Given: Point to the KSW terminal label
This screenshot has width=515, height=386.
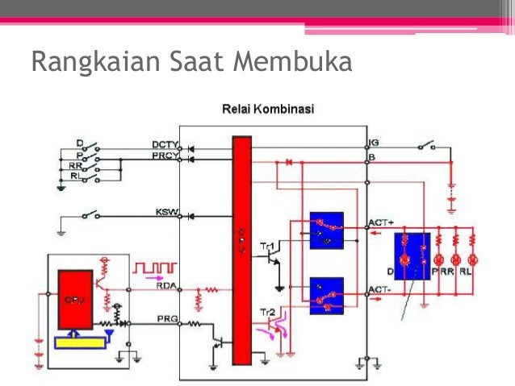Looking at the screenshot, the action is pyautogui.click(x=166, y=212).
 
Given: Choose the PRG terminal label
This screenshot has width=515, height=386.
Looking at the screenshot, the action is pyautogui.click(x=166, y=321).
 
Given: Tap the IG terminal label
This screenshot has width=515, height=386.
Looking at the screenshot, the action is pyautogui.click(x=374, y=143).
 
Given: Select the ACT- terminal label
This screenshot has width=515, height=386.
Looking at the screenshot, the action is pyautogui.click(x=379, y=288).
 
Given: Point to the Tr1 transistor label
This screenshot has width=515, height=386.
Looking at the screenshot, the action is pyautogui.click(x=266, y=243).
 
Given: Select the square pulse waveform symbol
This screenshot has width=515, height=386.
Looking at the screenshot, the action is pyautogui.click(x=153, y=266).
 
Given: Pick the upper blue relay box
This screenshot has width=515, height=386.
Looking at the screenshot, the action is pyautogui.click(x=327, y=229).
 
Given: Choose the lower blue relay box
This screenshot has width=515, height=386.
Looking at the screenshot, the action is pyautogui.click(x=327, y=295).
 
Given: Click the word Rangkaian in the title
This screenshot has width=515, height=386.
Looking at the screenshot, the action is pyautogui.click(x=88, y=62).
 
